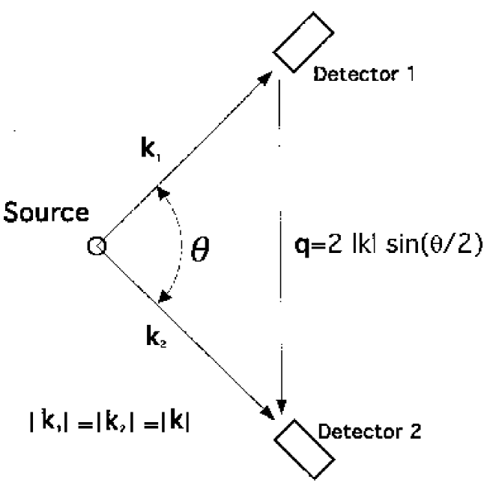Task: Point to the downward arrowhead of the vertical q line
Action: pyautogui.click(x=280, y=405)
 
